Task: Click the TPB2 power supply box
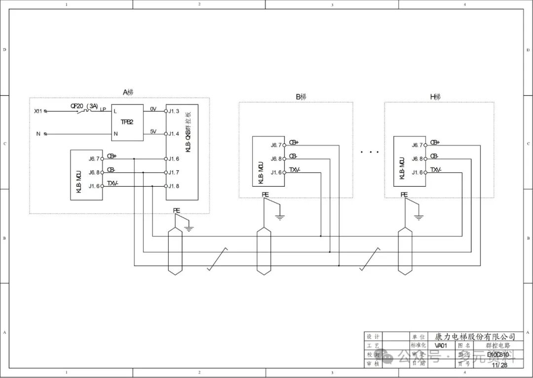127,122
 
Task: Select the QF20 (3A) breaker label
84,105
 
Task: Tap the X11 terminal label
38,111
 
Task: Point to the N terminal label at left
38,134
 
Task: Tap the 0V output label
153,109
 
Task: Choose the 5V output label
153,132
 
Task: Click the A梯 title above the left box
128,92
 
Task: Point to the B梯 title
301,97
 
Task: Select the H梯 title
435,97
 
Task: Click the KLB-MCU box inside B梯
268,161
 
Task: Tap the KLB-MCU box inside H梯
409,161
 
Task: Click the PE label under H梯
404,195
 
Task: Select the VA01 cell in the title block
441,345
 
